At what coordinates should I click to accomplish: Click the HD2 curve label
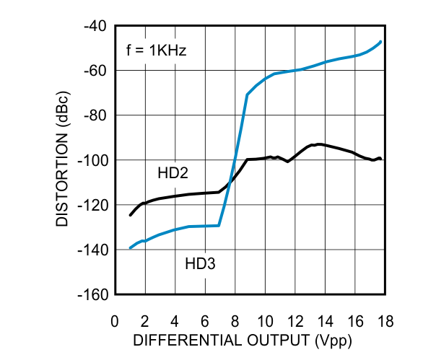172,173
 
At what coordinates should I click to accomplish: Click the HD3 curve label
201,265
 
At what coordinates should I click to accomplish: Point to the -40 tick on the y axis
96,27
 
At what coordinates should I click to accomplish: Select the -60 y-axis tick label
96,71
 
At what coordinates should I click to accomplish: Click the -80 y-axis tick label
96,115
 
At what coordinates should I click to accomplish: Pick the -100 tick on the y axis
93,160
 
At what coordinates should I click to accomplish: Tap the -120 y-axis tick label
93,205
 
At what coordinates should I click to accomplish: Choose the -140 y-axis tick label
93,250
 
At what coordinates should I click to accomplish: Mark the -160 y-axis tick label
93,295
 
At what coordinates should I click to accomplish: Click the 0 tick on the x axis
115,320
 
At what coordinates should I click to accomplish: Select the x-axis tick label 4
175,320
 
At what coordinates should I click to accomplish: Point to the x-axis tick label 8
235,320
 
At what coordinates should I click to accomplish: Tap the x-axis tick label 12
295,320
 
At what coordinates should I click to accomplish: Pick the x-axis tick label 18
384,320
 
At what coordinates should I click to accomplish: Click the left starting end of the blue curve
130,248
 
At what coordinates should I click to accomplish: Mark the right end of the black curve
380,159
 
